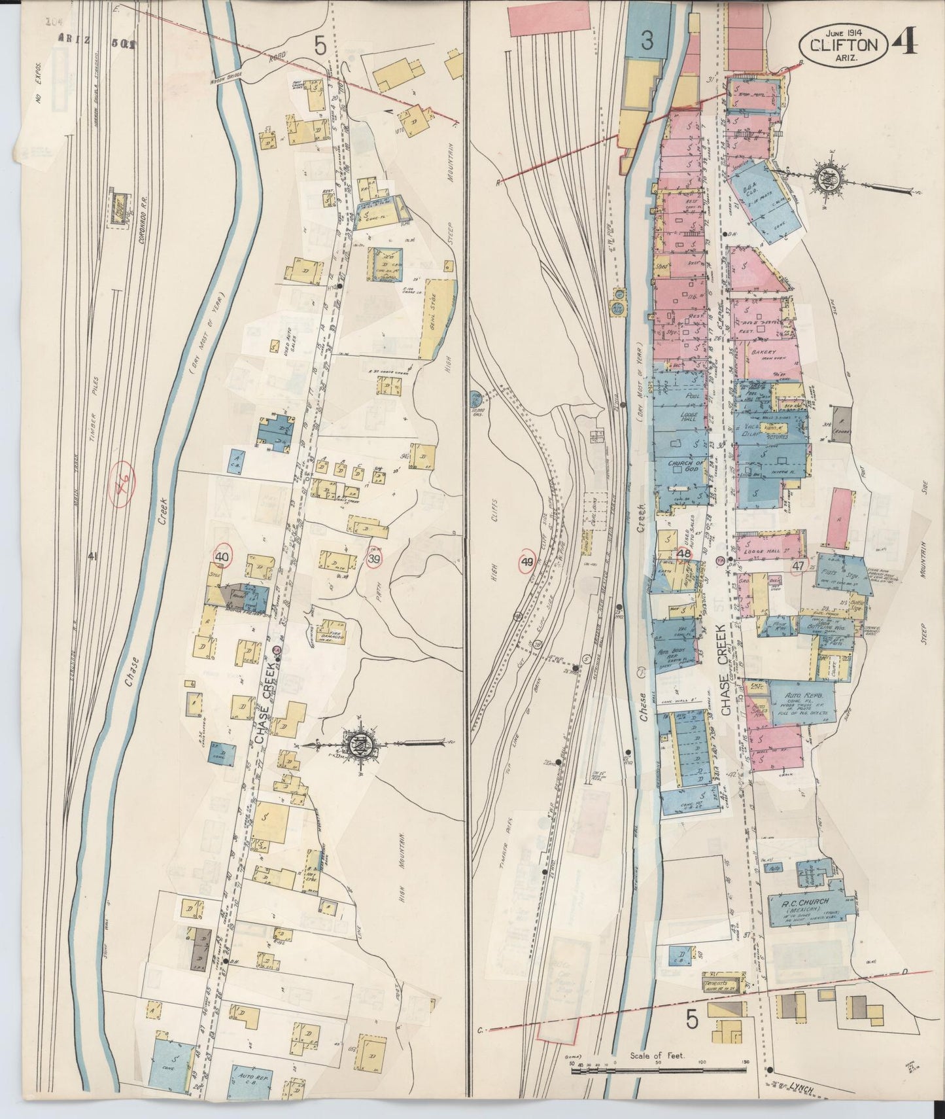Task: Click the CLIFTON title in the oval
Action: (843, 45)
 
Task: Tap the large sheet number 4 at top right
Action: (906, 41)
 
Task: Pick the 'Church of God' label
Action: (684, 467)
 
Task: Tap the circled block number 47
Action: (798, 566)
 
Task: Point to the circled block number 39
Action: (374, 558)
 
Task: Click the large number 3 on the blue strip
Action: (647, 42)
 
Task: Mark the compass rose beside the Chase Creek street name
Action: (361, 743)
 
